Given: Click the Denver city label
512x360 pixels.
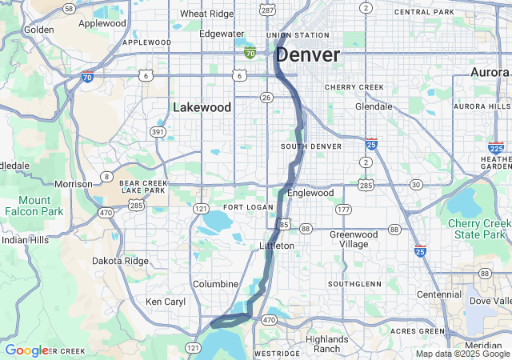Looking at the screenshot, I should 308,55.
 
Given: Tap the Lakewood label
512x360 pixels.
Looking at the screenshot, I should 202,107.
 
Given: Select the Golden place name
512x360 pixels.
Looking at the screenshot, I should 38,30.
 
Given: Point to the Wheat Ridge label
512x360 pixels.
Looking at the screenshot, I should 206,14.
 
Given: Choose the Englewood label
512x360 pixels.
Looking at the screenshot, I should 310,193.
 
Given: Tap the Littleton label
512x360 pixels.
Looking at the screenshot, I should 277,246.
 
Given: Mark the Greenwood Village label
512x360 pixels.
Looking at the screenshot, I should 354,239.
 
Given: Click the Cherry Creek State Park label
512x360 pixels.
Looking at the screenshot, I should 479,228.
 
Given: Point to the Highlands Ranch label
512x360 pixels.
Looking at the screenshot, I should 326,344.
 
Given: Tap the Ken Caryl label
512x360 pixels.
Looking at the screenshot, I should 165,302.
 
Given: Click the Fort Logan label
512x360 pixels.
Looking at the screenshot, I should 242,207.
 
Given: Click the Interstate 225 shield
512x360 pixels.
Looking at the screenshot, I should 496,147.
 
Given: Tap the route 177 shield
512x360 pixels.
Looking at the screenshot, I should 343,210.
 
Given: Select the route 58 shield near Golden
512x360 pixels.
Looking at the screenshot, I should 69,8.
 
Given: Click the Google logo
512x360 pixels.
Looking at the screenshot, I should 26,350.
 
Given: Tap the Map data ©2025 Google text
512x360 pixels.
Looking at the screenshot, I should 462,354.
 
